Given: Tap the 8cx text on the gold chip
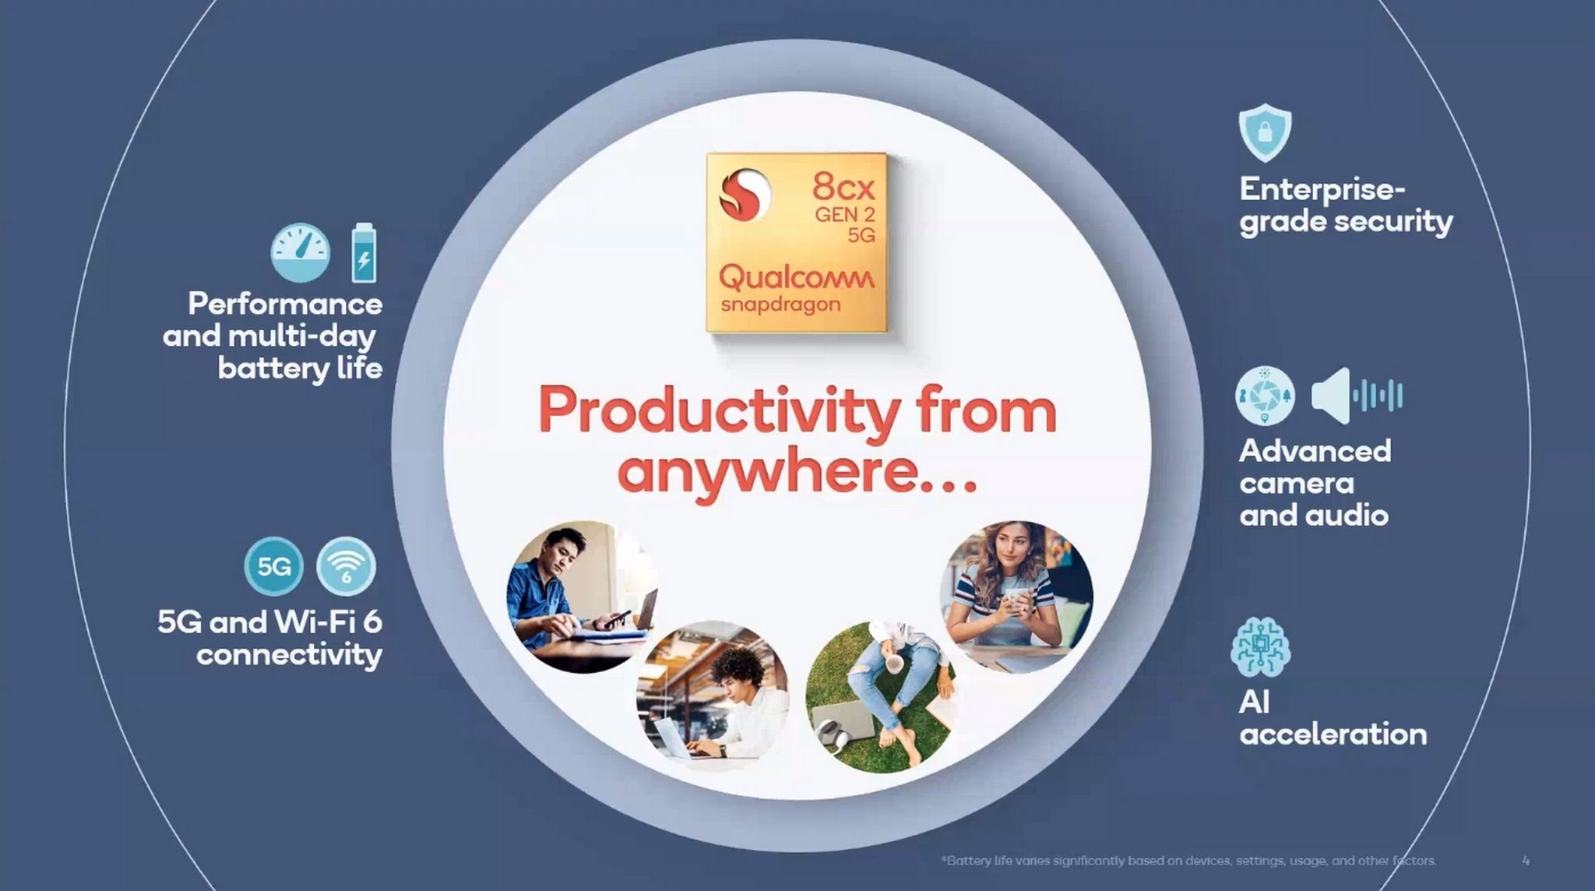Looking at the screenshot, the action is (x=843, y=186).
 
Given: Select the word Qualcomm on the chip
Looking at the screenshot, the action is (x=796, y=277).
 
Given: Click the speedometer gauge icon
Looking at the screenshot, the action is (x=300, y=253).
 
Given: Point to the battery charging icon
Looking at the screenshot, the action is (x=364, y=252).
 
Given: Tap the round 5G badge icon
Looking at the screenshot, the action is (x=273, y=566).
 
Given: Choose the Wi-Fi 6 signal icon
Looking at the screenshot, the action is (x=346, y=566).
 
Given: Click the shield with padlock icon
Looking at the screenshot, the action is (x=1265, y=132).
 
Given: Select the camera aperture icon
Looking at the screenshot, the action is (x=1265, y=396).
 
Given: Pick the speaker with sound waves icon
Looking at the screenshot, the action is (x=1357, y=396).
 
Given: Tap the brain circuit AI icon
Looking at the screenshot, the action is (x=1260, y=647).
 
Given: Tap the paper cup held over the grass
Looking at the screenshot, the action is (x=894, y=662).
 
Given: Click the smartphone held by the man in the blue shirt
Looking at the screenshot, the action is (x=617, y=618).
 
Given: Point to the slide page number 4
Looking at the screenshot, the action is (x=1526, y=861).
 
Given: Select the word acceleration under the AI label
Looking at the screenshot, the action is (x=1333, y=734).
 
